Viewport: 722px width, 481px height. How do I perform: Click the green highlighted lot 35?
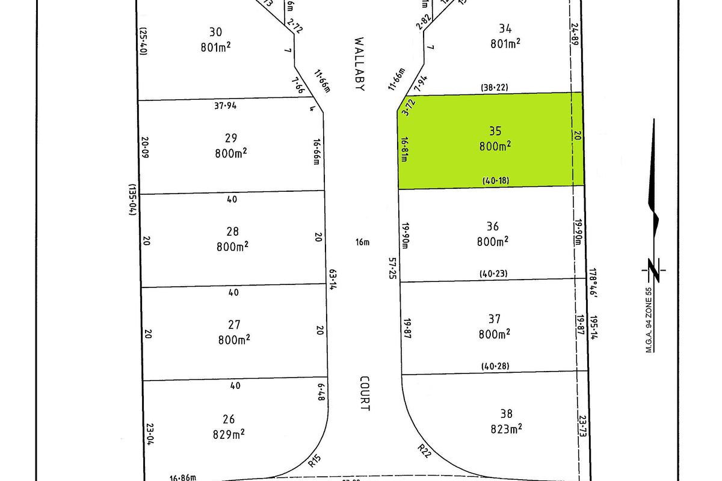[x=490, y=156]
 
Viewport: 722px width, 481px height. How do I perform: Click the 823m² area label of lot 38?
[x=505, y=428]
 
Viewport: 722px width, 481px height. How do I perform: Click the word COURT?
[x=365, y=394]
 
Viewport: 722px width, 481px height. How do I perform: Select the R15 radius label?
[x=314, y=462]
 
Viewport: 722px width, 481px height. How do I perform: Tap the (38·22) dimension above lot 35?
[x=493, y=87]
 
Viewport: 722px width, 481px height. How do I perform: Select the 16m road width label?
[x=362, y=242]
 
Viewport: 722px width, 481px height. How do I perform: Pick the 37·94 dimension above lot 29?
[x=224, y=106]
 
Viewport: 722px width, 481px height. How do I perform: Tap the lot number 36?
[x=492, y=227]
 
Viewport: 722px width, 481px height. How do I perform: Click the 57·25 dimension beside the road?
[x=392, y=267]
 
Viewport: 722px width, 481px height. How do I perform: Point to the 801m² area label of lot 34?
[x=505, y=43]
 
